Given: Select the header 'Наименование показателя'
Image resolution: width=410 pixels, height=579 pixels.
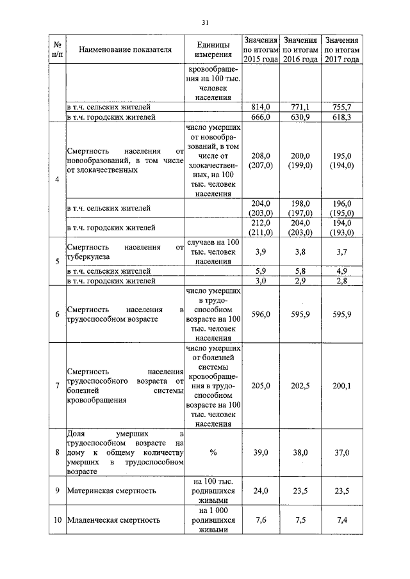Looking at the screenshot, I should [126, 49].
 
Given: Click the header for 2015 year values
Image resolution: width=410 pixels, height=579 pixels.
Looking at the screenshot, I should [261, 49].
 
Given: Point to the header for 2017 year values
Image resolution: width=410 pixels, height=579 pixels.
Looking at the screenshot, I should [341, 49].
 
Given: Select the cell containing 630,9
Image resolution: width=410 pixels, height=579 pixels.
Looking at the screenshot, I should [300, 118].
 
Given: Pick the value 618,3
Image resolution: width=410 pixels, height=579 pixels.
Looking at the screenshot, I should [341, 118].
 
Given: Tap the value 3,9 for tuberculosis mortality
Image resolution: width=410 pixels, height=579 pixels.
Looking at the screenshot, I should [261, 252].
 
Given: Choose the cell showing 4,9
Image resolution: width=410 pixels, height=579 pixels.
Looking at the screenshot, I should [341, 271].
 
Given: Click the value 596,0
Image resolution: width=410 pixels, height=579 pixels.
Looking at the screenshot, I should [261, 314].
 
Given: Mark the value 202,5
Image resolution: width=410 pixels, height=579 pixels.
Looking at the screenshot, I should [300, 386].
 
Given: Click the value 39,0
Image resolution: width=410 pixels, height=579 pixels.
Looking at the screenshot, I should [261, 452].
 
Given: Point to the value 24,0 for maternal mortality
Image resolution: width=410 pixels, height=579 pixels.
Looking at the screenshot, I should [261, 491].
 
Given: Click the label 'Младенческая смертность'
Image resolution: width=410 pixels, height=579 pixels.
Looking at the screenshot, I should [113, 520].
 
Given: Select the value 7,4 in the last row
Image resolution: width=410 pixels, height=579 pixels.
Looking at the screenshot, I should [341, 520].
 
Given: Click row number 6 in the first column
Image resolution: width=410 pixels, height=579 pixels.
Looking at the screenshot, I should [58, 314].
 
